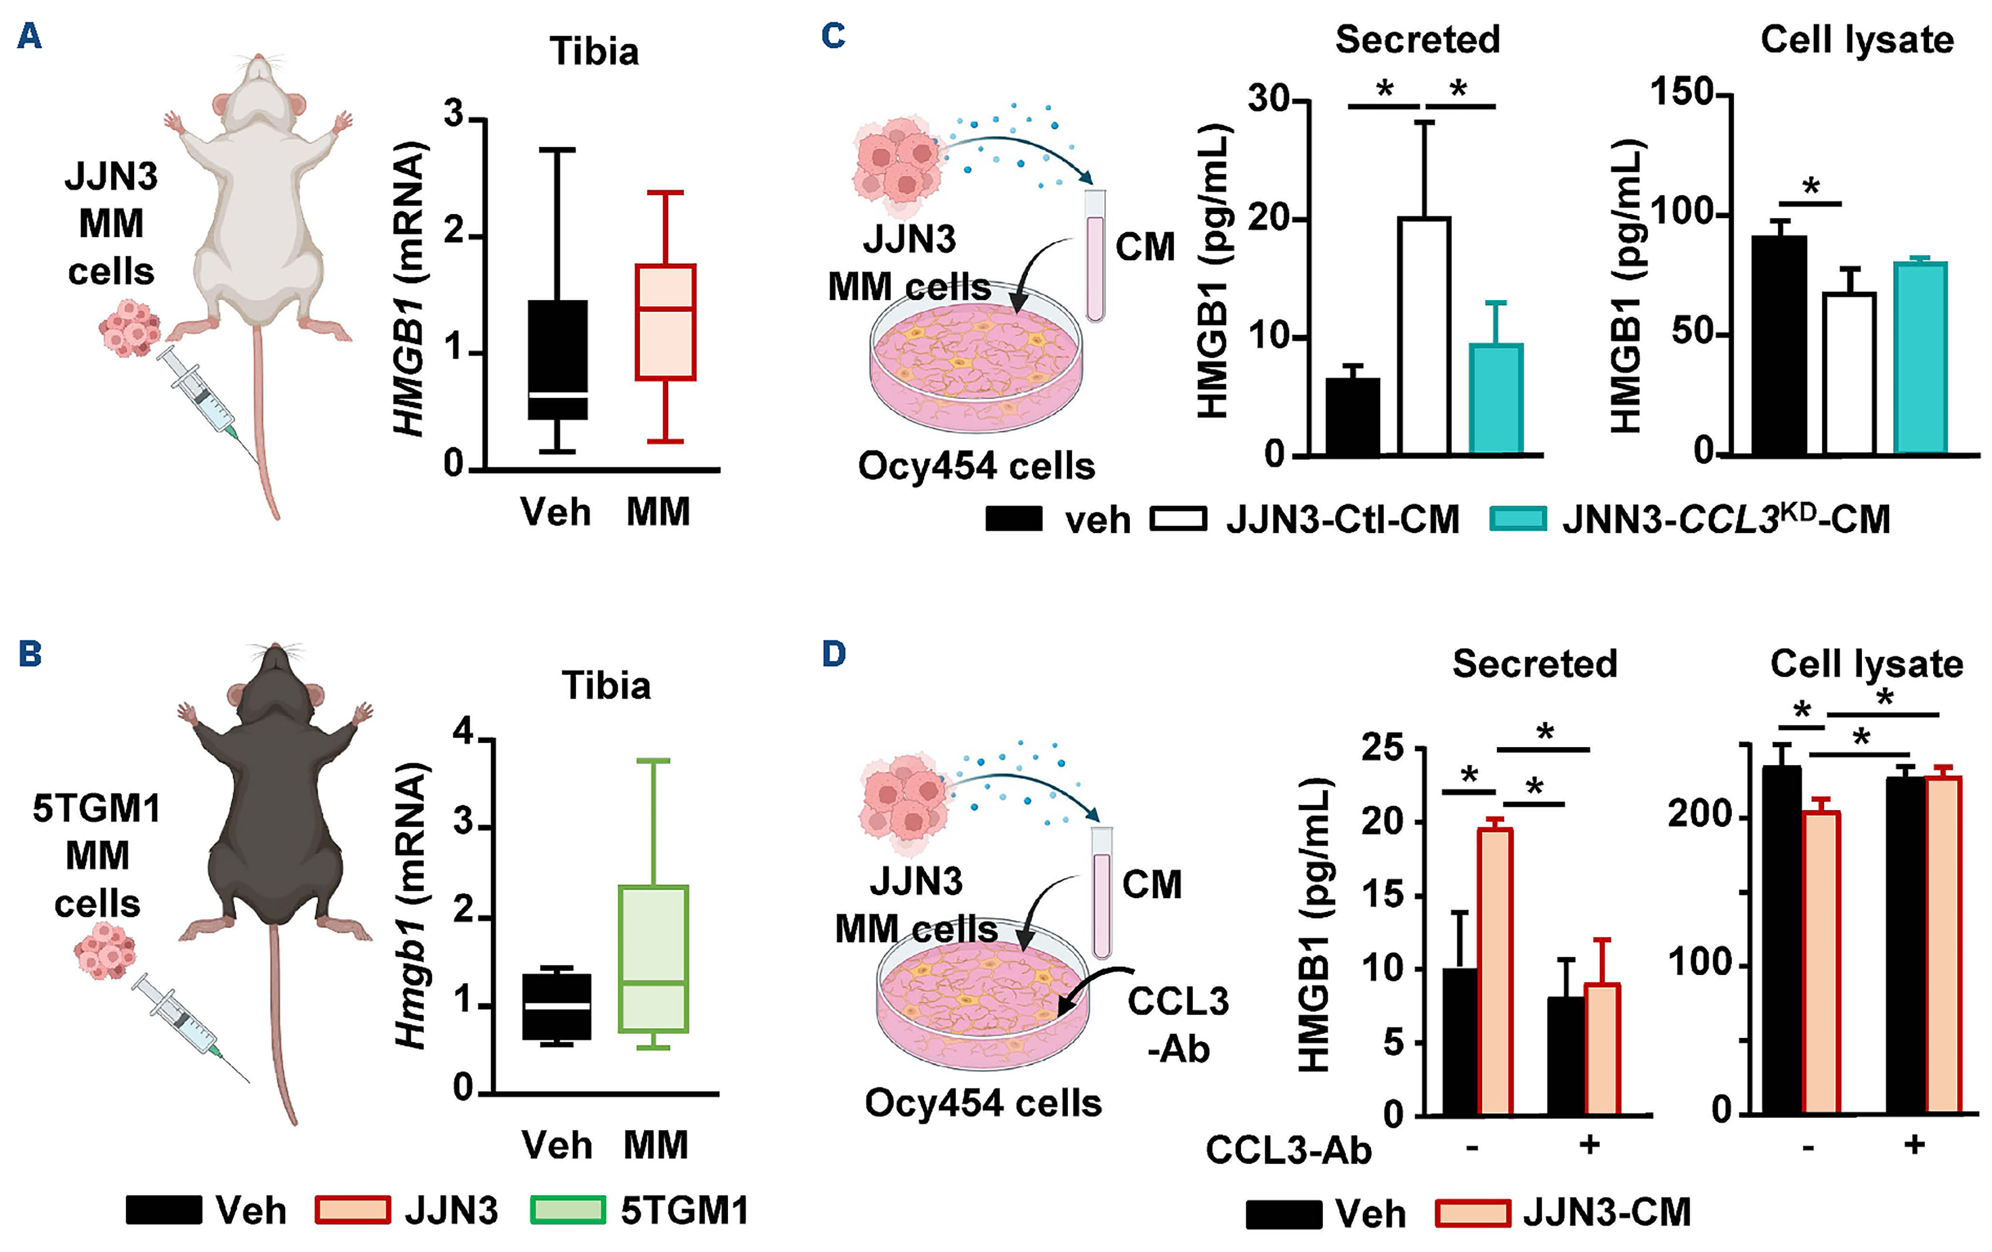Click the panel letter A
[30, 36]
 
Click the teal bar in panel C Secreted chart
[1496, 399]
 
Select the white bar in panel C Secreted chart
[1424, 335]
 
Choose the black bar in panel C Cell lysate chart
[1779, 345]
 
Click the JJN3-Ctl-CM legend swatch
[1178, 520]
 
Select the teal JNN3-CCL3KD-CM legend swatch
[1517, 520]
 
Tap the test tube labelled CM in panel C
[1095, 257]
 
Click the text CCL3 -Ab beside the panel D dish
[1178, 1025]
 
